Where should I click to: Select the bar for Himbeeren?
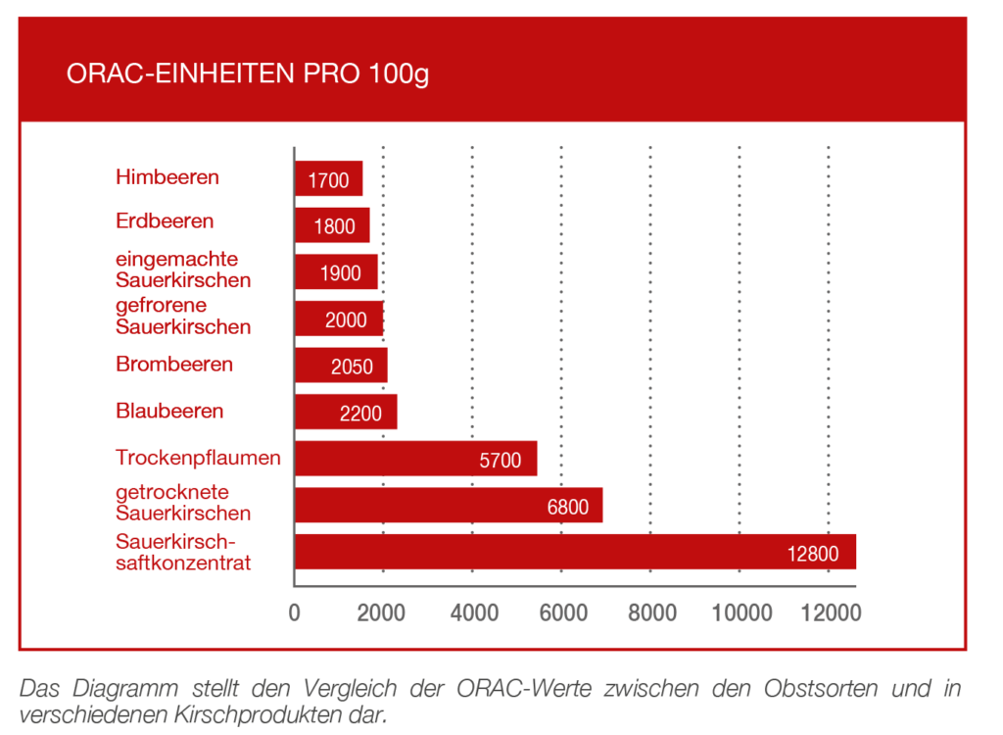click(x=328, y=179)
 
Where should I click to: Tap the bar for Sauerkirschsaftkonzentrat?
click(x=575, y=552)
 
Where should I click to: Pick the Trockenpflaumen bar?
click(x=415, y=459)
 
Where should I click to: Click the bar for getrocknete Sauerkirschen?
click(x=448, y=505)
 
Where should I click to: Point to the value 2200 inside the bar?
click(x=360, y=414)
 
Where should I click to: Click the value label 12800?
click(x=812, y=554)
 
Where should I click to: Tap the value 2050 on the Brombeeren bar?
click(x=352, y=367)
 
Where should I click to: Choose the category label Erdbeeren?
click(x=165, y=220)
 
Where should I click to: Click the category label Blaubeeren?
click(x=169, y=411)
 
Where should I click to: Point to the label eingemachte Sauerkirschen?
click(x=183, y=269)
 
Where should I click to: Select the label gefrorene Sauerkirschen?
click(x=183, y=316)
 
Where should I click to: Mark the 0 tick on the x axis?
click(x=295, y=613)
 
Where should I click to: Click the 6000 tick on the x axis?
click(x=562, y=613)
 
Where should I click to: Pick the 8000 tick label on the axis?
click(x=651, y=613)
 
